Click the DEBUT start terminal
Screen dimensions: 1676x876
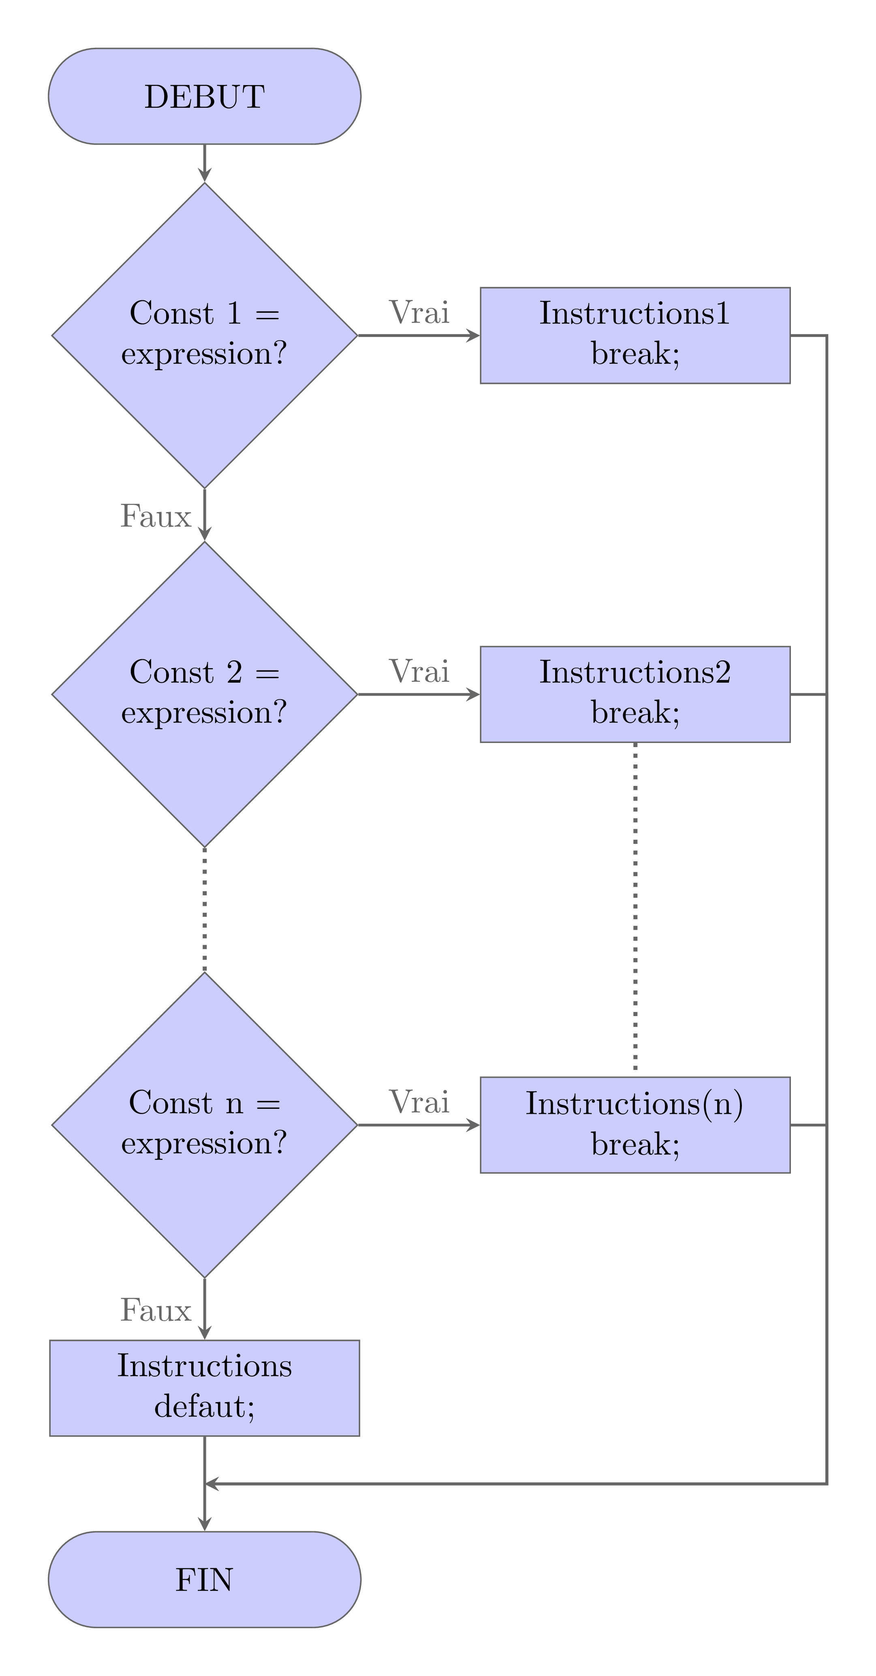pyautogui.click(x=204, y=96)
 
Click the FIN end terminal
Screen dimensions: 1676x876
pyautogui.click(x=204, y=1579)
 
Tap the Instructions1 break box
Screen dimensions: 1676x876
pyautogui.click(x=635, y=335)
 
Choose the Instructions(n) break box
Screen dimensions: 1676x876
pyautogui.click(x=635, y=1124)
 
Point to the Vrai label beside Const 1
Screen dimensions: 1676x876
pyautogui.click(x=419, y=312)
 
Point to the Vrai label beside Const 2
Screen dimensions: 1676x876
pyautogui.click(x=419, y=671)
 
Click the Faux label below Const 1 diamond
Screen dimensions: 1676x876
pyautogui.click(x=156, y=517)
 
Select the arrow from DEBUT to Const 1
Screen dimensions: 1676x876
pyautogui.click(x=204, y=162)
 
